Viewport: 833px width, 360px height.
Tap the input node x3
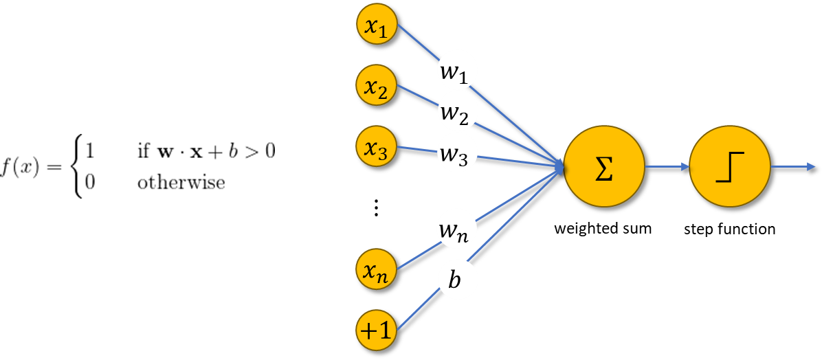pyautogui.click(x=377, y=146)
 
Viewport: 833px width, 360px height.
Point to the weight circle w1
pyautogui.click(x=457, y=69)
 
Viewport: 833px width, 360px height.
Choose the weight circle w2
pyautogui.click(x=457, y=112)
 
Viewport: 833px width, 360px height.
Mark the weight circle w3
pyautogui.click(x=457, y=153)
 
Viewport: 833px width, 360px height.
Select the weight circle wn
pyautogui.click(x=457, y=230)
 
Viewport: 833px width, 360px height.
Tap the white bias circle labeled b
pyautogui.click(x=457, y=280)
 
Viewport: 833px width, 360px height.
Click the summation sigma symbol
pyautogui.click(x=603, y=167)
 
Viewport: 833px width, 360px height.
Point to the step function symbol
pyautogui.click(x=729, y=167)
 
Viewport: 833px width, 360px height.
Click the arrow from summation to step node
pyautogui.click(x=667, y=166)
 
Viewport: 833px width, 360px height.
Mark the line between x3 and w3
pyautogui.click(x=417, y=148)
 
